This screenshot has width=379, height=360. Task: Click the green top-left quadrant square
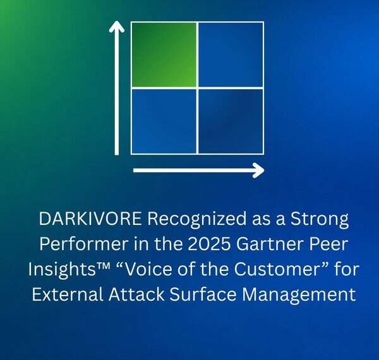[x=164, y=55]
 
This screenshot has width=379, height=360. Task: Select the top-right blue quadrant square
[x=231, y=55]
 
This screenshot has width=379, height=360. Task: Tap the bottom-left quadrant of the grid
[x=164, y=121]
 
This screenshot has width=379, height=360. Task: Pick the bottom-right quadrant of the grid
[x=231, y=121]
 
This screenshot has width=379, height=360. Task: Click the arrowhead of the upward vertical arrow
[x=117, y=27]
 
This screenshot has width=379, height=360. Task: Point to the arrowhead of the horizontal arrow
[x=257, y=170]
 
